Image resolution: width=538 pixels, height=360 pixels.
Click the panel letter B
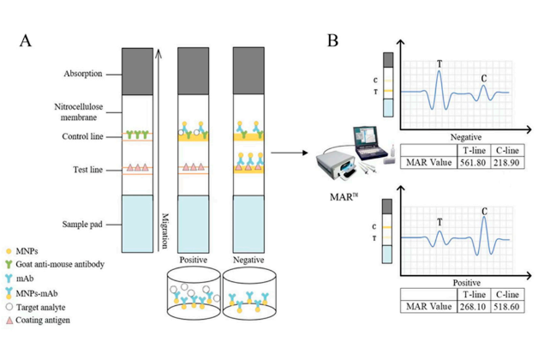point(333,39)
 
